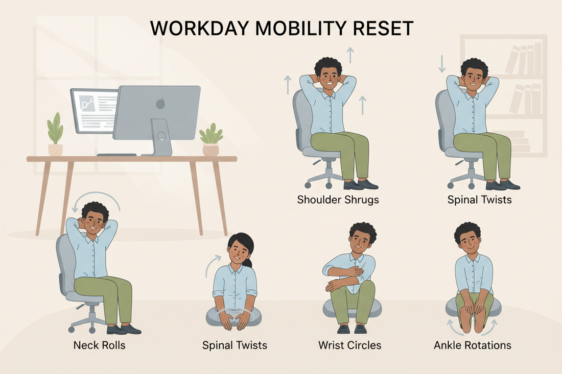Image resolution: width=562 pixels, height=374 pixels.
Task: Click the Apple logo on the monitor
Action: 161,104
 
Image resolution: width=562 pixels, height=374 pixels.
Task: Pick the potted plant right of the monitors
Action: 210,140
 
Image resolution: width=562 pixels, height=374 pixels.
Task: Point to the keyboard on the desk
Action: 116,154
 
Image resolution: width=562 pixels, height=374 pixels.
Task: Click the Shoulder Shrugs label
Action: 338,200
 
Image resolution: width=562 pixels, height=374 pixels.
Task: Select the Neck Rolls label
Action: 99,345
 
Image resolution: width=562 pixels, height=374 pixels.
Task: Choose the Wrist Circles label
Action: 349,345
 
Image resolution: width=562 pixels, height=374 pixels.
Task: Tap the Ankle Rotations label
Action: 472,345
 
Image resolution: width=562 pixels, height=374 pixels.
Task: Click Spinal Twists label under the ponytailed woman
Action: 234,345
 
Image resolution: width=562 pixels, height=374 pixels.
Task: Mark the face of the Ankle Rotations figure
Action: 467,240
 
